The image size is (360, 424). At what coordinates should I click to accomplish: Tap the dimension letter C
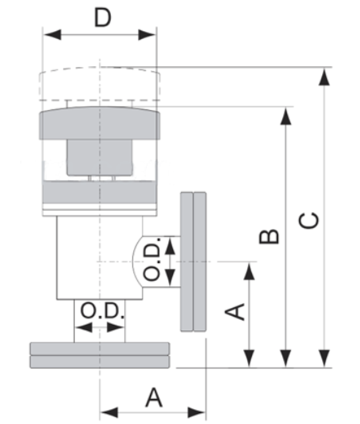coord(309,221)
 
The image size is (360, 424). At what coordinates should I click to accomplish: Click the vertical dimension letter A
coord(235,312)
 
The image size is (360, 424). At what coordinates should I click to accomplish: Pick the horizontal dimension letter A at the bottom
coord(154,397)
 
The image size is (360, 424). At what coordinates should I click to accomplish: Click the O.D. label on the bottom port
coord(103,312)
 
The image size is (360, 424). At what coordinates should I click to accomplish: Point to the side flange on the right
coord(193,262)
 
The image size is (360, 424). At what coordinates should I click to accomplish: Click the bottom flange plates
coord(100,355)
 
